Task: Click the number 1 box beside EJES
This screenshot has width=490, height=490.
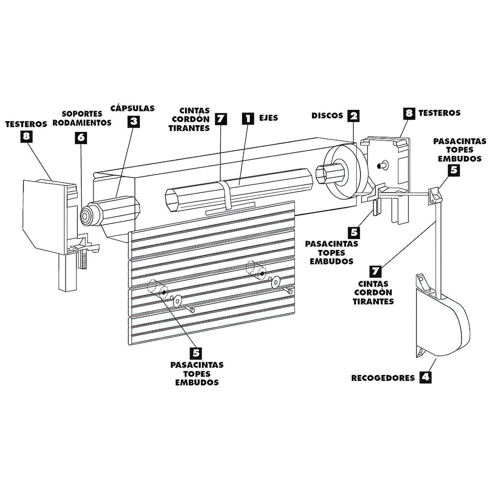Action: click(x=248, y=118)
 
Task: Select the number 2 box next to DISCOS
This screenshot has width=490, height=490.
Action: click(x=353, y=116)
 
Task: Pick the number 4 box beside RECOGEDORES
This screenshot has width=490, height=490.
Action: click(x=425, y=377)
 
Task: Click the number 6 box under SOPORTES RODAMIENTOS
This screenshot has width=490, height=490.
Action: click(x=81, y=138)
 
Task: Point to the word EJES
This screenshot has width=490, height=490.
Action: click(x=268, y=118)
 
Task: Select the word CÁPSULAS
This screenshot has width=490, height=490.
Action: click(x=132, y=108)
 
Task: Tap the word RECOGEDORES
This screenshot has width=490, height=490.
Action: click(x=383, y=378)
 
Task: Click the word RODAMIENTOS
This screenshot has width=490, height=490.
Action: click(x=82, y=123)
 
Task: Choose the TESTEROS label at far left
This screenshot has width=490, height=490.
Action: click(x=26, y=124)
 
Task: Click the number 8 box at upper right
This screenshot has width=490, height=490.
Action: click(x=409, y=113)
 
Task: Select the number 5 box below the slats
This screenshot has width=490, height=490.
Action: click(x=196, y=353)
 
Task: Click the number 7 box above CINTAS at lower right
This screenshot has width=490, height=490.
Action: click(x=375, y=271)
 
